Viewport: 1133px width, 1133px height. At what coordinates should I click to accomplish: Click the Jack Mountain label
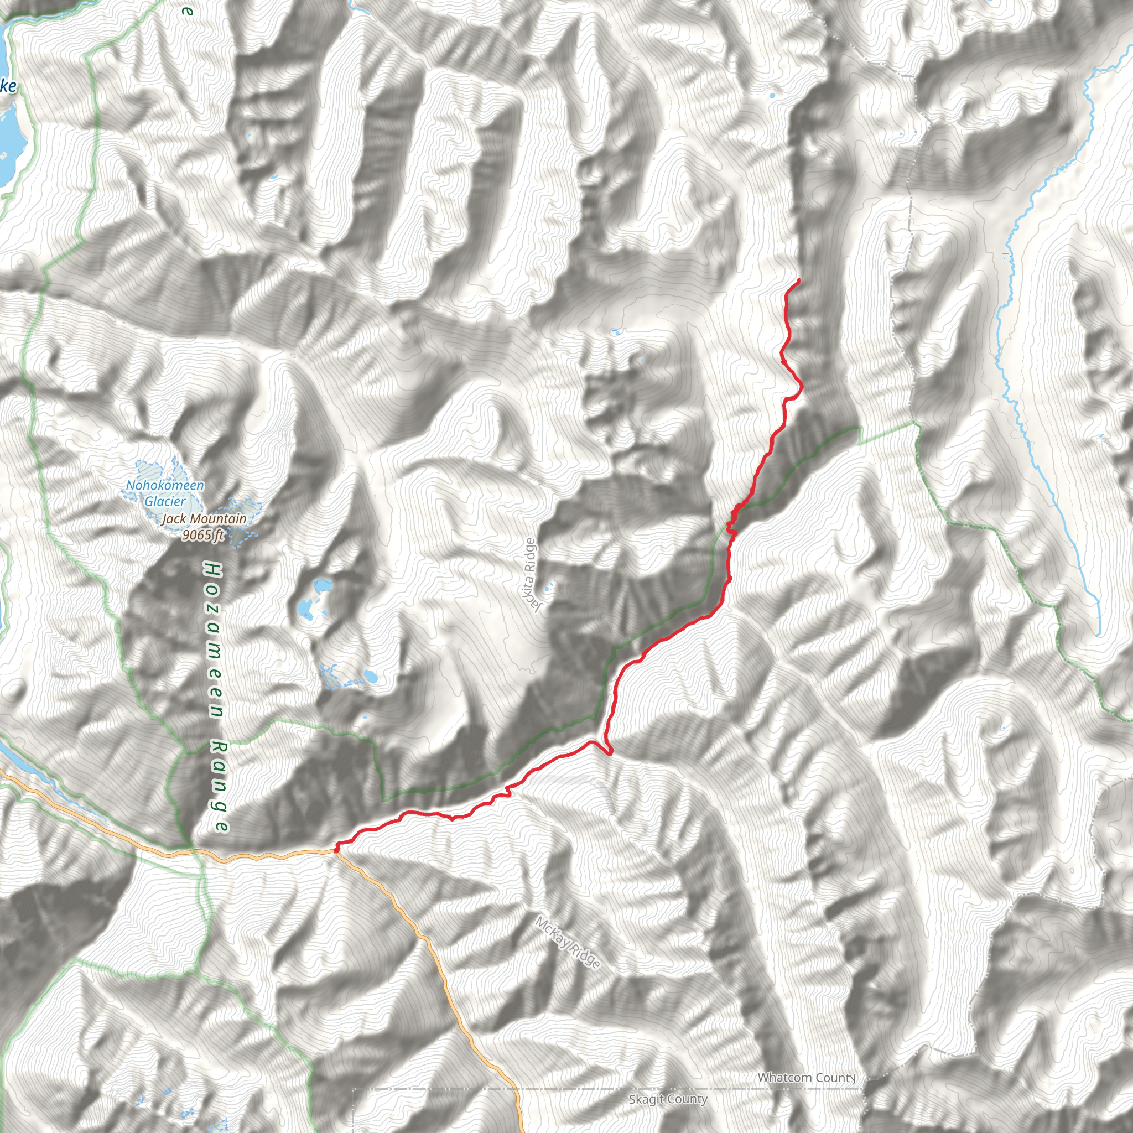204,518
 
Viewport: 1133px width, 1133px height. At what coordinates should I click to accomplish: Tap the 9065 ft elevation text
203,534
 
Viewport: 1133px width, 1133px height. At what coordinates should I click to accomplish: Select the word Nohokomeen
165,486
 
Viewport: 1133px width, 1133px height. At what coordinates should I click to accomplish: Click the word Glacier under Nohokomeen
165,501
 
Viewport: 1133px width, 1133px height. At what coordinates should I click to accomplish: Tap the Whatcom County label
807,1078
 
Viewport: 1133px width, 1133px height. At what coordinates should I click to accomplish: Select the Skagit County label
667,1099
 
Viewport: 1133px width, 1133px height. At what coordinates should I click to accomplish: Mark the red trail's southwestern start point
336,849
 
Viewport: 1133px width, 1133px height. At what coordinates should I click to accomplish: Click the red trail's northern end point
799,280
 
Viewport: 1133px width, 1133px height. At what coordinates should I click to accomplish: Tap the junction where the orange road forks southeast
336,852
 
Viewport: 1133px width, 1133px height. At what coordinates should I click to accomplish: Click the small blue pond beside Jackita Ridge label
549,586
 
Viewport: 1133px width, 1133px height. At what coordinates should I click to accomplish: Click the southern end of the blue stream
1098,635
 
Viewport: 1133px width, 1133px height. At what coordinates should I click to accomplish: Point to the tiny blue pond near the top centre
771,95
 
